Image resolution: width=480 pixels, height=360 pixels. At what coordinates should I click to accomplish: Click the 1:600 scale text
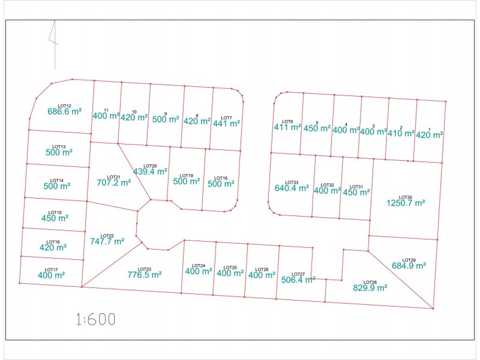(95, 319)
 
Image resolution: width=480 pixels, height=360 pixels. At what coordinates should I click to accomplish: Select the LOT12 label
(65, 106)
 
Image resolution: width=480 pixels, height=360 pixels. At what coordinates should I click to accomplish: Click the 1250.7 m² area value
(406, 203)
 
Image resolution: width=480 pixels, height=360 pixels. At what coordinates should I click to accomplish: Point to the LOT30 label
(406, 197)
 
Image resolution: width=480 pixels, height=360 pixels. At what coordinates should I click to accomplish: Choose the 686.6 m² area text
(65, 112)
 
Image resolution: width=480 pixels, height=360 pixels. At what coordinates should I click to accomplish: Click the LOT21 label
(114, 177)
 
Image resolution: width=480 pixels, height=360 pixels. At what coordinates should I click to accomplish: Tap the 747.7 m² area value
(107, 241)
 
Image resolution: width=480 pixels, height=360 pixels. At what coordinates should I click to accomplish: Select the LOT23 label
(145, 269)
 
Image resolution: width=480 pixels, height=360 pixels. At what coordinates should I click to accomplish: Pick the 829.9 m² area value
(370, 288)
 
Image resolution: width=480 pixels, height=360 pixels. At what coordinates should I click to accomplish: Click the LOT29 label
(409, 260)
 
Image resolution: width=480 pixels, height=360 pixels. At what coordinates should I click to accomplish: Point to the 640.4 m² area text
(292, 188)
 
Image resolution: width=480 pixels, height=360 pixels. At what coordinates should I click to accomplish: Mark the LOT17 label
(51, 269)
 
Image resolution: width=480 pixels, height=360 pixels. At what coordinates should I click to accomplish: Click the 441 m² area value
(227, 124)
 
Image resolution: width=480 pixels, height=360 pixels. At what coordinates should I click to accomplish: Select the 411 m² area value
(287, 127)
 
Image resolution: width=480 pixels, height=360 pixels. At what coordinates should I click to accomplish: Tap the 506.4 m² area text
(298, 280)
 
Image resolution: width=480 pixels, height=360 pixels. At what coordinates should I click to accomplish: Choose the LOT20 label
(150, 166)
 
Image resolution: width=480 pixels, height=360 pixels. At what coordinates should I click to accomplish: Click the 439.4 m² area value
(150, 172)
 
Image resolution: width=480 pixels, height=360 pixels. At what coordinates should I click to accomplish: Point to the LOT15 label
(55, 212)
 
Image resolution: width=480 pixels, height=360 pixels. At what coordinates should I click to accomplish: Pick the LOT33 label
(292, 182)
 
